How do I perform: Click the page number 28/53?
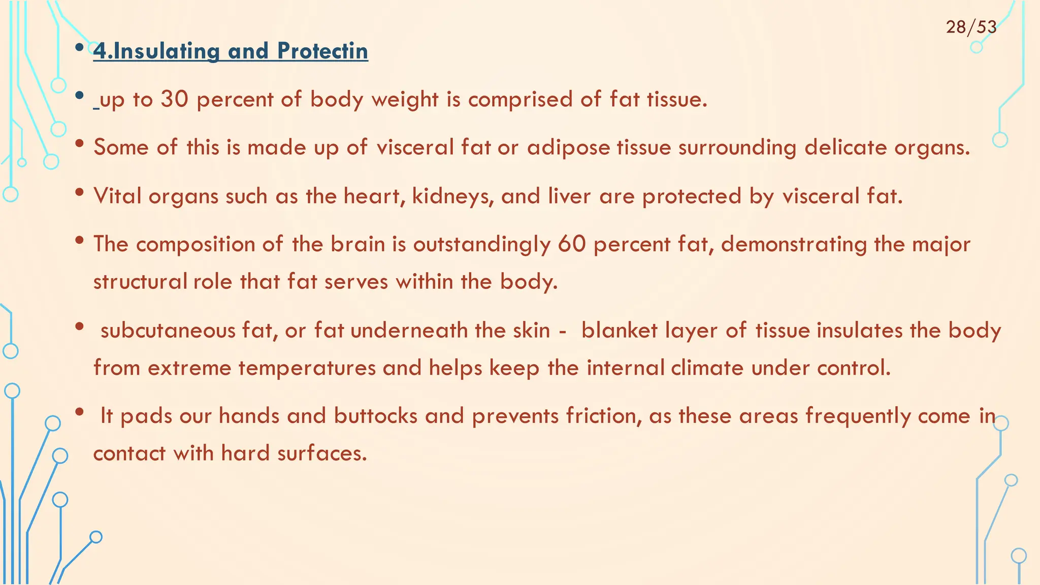tap(971, 27)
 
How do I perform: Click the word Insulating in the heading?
tap(163, 51)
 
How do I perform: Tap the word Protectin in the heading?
tap(322, 51)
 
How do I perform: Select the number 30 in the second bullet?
tap(174, 99)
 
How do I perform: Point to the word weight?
tap(405, 100)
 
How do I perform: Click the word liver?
tap(569, 196)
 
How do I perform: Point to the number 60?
tap(571, 244)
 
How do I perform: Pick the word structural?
tap(140, 282)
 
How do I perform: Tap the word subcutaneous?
tap(168, 331)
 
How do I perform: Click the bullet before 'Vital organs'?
tap(79, 193)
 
